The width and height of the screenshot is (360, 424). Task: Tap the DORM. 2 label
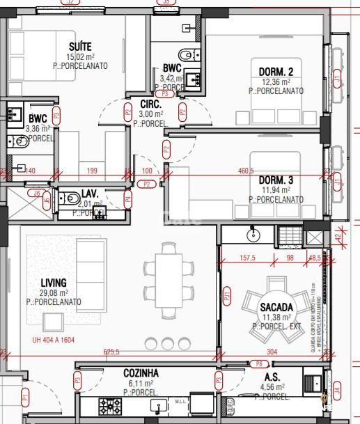[276, 72]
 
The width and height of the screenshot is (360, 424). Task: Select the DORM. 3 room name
[276, 180]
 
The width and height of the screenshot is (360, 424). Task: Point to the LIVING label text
[54, 283]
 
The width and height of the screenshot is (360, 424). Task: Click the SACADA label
[276, 307]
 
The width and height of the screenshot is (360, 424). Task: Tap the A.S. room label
[272, 377]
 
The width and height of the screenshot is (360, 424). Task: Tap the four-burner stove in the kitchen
[109, 405]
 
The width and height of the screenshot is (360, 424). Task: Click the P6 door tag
[259, 363]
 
